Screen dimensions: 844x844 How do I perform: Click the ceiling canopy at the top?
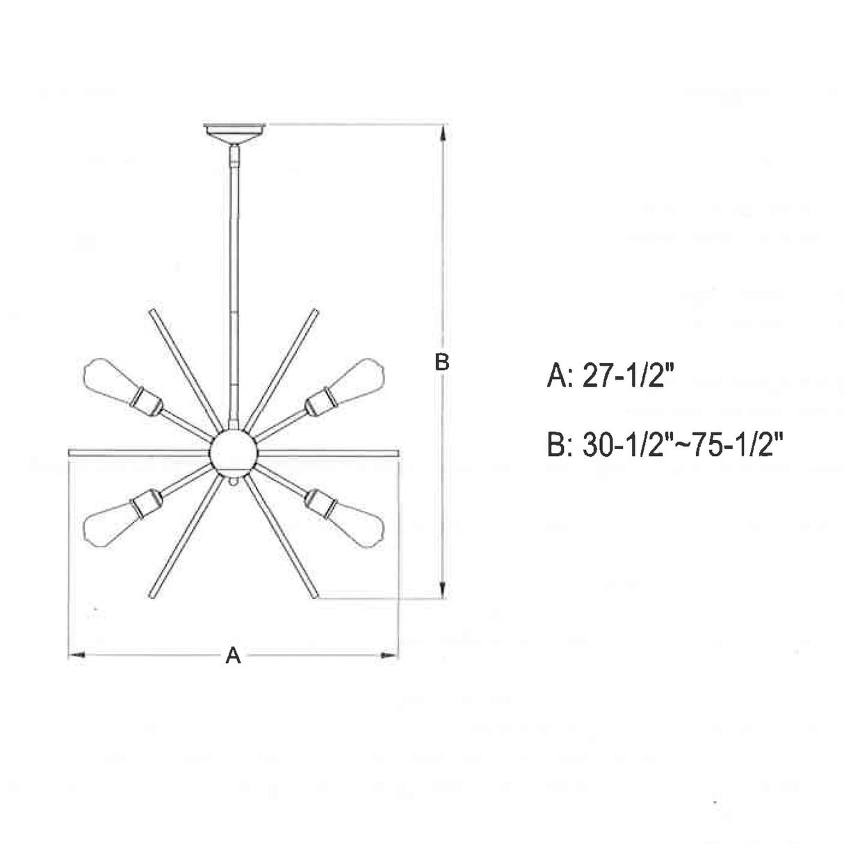click(235, 131)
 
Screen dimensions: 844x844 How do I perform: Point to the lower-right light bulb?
click(359, 519)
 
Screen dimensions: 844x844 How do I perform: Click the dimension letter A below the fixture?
click(233, 655)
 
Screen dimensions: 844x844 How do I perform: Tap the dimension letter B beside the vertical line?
click(442, 362)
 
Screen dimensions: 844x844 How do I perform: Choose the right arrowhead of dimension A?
click(391, 655)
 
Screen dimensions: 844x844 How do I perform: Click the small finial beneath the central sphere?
click(234, 479)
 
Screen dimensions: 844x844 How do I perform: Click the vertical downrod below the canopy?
click(234, 278)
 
